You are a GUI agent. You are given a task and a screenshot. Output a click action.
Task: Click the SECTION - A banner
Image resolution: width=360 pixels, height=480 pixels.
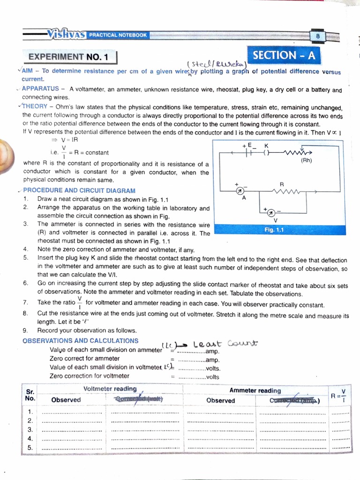tap(284, 56)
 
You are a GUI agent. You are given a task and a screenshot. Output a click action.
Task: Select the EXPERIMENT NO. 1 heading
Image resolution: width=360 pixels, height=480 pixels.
tap(68, 57)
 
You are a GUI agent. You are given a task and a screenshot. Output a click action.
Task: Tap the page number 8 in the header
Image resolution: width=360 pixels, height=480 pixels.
tap(317, 36)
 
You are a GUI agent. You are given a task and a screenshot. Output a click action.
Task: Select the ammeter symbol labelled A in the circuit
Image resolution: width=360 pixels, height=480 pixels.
tap(239, 191)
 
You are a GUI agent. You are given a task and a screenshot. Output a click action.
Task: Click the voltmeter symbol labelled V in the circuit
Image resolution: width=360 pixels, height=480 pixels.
tap(270, 213)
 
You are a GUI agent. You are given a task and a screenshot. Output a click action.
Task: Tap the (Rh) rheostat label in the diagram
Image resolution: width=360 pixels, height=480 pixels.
tap(306, 161)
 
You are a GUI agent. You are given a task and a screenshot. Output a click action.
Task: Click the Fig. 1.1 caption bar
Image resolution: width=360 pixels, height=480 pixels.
tap(274, 230)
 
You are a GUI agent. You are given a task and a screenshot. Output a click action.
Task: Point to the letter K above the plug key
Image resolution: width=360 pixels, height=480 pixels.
tap(266, 146)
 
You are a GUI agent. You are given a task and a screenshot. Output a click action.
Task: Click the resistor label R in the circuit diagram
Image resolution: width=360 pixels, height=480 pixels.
tap(282, 184)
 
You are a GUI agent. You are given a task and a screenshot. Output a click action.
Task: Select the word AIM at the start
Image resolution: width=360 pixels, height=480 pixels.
tap(28, 71)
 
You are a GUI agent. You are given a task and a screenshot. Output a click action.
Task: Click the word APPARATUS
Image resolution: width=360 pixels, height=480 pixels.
tap(40, 89)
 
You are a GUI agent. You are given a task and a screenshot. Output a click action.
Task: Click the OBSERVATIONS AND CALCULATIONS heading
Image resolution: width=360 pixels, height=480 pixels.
tap(80, 341)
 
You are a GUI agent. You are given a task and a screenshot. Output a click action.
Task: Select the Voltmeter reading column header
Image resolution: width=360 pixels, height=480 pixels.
tap(110, 389)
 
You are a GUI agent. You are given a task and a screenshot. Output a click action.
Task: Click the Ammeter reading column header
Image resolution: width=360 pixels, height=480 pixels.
tap(255, 390)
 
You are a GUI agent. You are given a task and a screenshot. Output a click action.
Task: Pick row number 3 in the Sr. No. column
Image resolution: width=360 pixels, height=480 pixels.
tap(30, 429)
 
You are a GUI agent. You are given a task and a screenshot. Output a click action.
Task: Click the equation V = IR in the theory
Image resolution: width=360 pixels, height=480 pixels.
tap(69, 140)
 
